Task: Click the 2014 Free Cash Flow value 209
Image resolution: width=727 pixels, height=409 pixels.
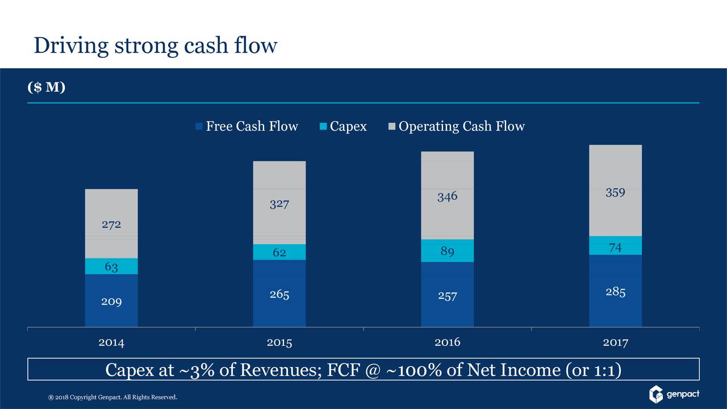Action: [x=111, y=301]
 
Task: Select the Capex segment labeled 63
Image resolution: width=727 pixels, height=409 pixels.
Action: [x=111, y=266]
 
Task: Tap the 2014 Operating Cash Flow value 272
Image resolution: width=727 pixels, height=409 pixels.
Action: [x=111, y=224]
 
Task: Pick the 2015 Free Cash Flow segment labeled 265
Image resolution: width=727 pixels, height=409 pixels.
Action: [x=279, y=294]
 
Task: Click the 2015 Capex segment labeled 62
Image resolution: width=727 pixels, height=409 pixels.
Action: [x=279, y=252]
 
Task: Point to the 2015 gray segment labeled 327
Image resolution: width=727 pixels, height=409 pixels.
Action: [x=279, y=203]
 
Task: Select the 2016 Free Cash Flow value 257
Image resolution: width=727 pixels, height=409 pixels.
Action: [x=448, y=295]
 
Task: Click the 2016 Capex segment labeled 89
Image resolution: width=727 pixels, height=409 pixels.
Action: [x=448, y=251]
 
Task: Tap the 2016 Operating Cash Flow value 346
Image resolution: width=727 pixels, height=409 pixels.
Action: [x=448, y=197]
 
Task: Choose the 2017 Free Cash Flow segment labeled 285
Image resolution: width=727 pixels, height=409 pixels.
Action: [x=616, y=292]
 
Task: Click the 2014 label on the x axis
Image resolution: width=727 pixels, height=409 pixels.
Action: [x=111, y=343]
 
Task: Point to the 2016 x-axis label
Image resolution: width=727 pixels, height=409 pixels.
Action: [x=448, y=343]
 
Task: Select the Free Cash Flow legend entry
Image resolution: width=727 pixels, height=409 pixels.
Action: [x=246, y=126]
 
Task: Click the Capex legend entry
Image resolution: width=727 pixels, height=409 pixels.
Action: [x=344, y=126]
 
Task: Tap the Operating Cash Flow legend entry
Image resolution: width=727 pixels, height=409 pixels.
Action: [x=457, y=126]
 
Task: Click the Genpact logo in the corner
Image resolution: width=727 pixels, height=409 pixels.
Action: [x=674, y=394]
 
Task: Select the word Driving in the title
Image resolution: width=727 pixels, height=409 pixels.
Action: [x=71, y=45]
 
